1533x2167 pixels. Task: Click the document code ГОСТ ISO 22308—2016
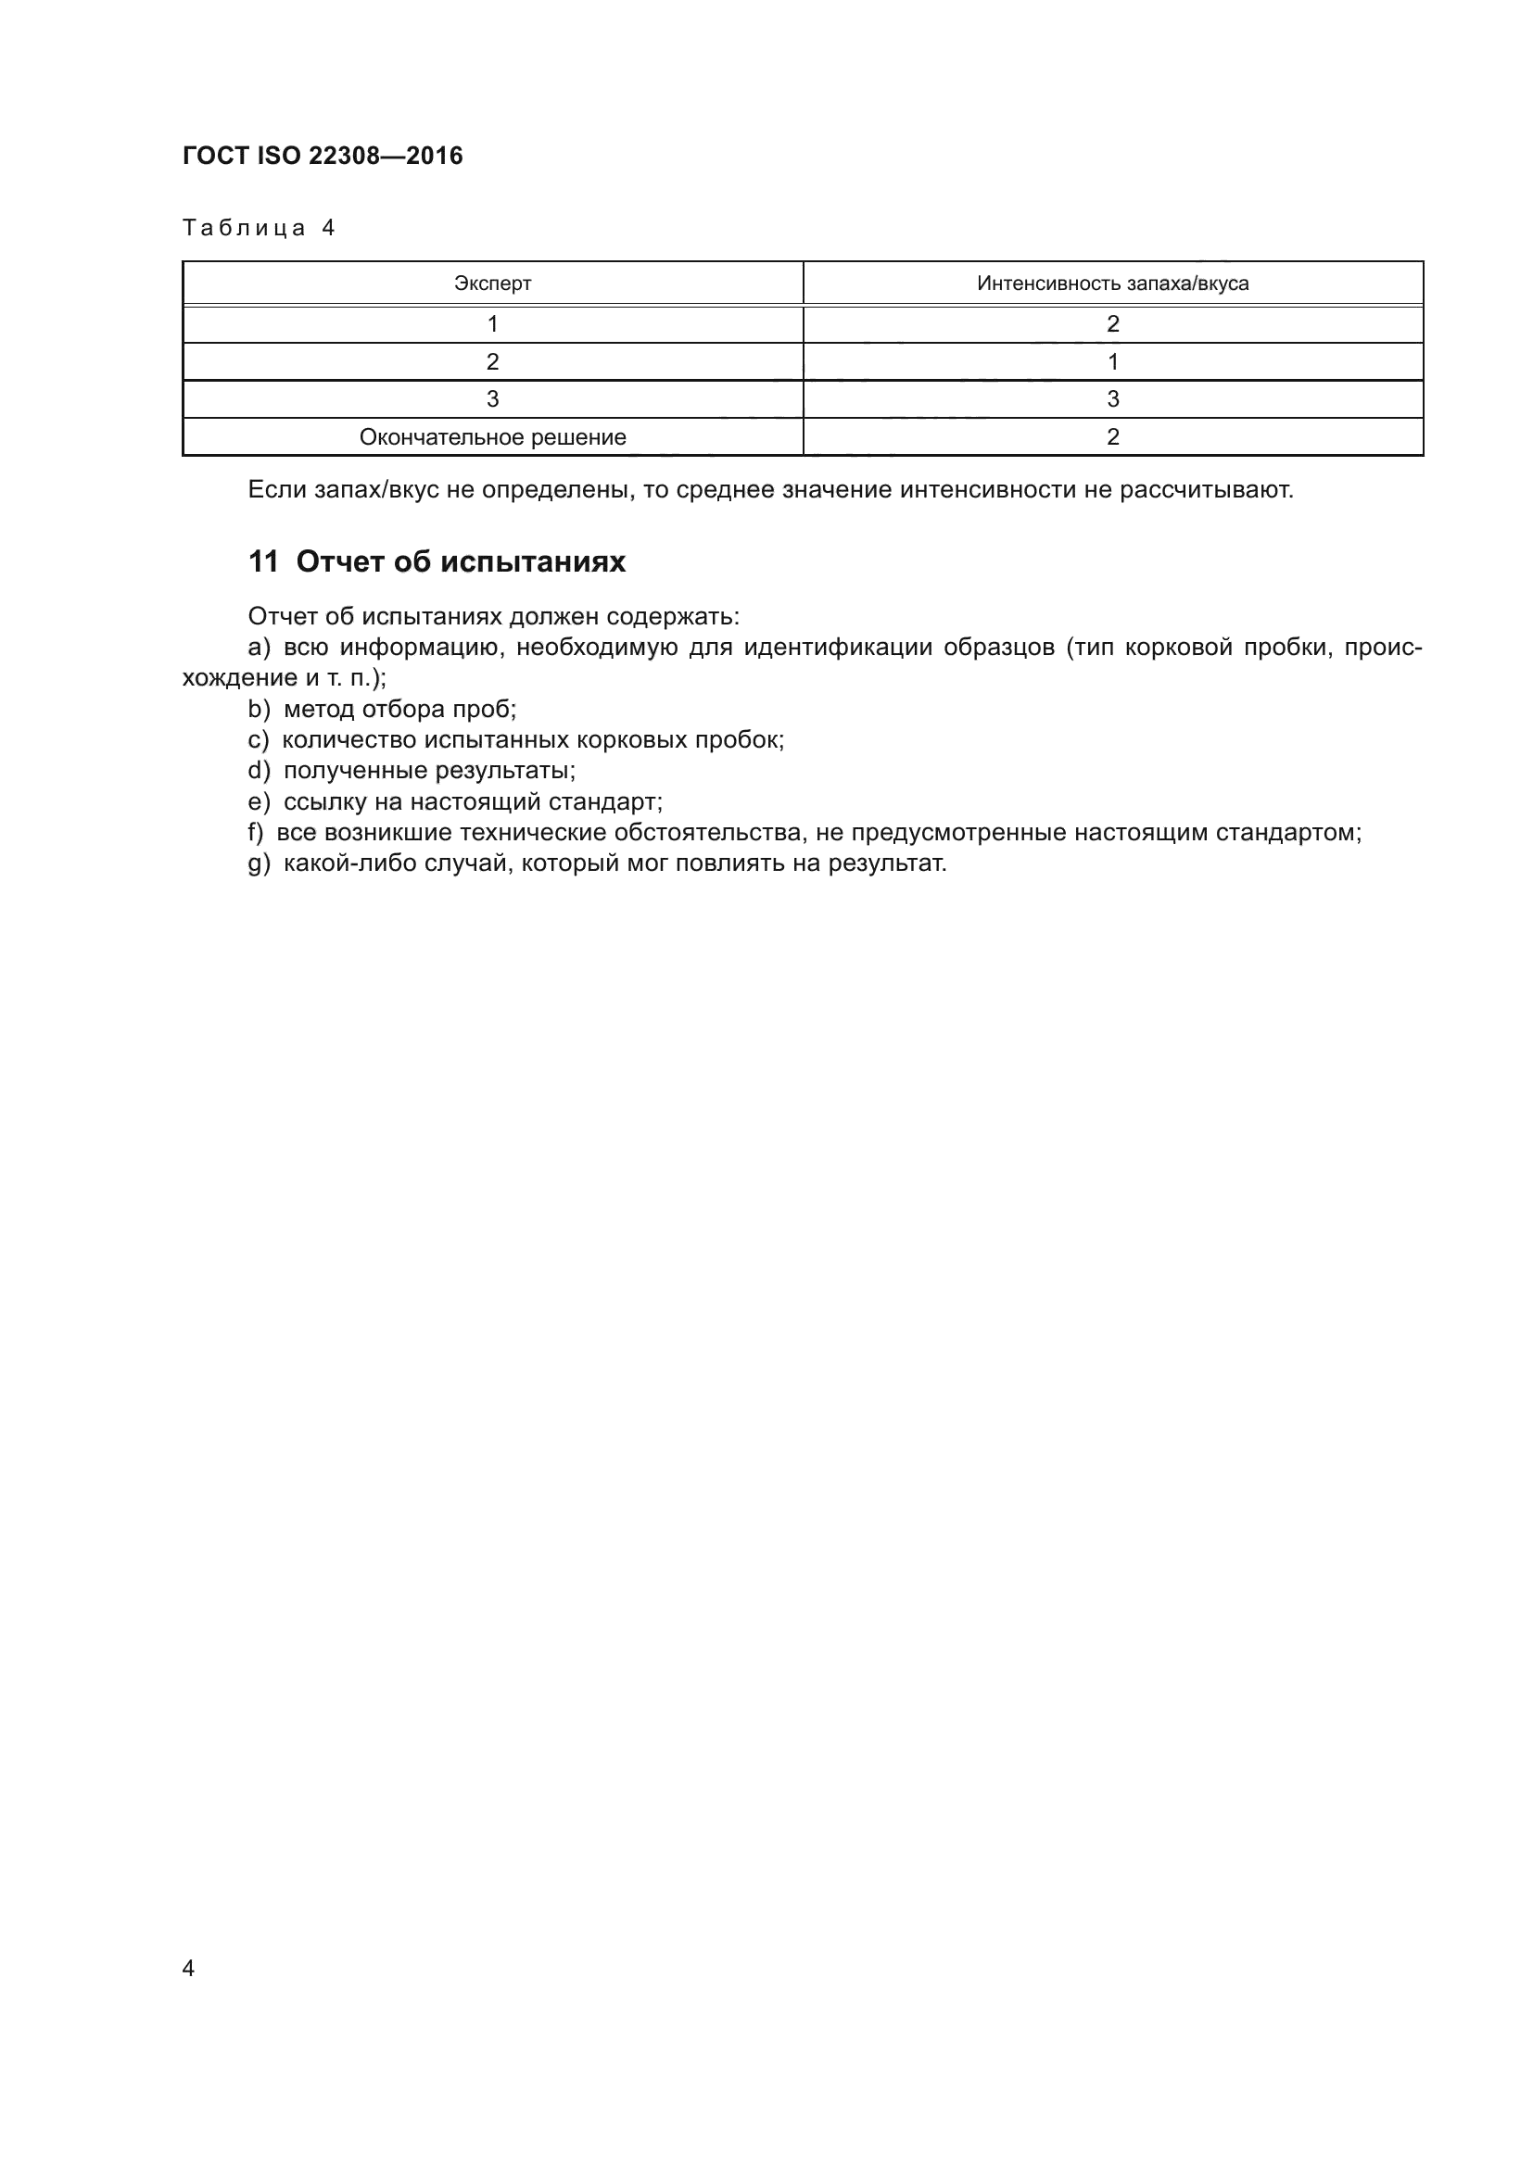322,156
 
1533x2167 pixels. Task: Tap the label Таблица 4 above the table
259,229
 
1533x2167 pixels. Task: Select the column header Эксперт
492,283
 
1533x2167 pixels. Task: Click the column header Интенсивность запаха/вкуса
1112,283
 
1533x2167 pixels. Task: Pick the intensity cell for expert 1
1112,323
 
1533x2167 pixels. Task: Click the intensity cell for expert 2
1112,361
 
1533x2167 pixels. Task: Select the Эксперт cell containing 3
492,399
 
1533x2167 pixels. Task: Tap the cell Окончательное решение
492,437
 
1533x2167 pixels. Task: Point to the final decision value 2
1112,437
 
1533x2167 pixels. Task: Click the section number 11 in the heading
262,561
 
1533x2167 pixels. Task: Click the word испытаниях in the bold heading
533,561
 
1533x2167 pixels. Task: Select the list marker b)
259,709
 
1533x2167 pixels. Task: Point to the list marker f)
256,833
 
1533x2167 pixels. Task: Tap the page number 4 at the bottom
188,1969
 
